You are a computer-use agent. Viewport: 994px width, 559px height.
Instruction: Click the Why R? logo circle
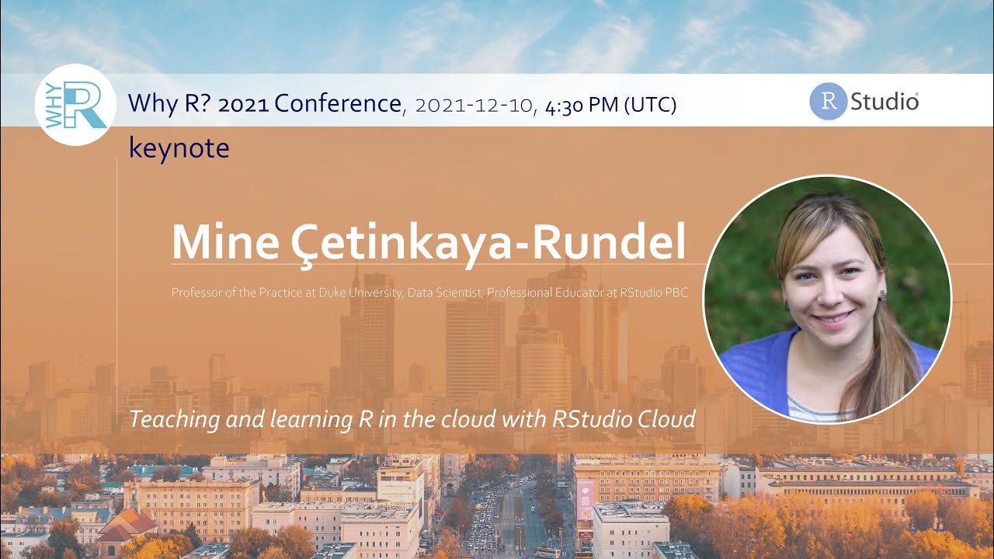pos(75,105)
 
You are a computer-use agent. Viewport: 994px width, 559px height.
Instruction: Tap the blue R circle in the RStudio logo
pos(828,102)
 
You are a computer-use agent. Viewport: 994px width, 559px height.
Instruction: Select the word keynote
pos(179,148)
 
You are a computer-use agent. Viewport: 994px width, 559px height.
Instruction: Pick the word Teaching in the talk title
pos(172,420)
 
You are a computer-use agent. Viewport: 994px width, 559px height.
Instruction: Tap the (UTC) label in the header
pos(650,104)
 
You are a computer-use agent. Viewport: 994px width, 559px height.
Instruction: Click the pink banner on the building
pos(585,497)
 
